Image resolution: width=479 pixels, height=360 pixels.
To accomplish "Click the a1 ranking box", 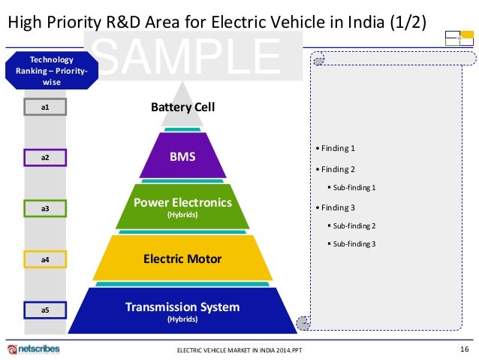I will point(45,107).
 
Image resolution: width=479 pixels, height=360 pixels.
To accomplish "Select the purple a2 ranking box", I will point(45,158).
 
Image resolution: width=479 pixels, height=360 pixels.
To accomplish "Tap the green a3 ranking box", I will point(45,207).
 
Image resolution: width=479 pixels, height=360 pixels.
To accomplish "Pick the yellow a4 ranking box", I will point(45,259).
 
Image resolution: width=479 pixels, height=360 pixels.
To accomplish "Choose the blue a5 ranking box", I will point(45,309).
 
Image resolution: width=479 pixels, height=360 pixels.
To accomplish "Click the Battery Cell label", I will point(182,107).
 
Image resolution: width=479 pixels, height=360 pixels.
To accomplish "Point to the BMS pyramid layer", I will point(182,157).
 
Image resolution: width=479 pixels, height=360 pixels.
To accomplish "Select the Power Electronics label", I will point(182,203).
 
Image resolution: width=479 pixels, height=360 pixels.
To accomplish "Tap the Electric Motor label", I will point(182,259).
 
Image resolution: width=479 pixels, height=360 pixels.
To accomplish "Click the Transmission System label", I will point(182,307).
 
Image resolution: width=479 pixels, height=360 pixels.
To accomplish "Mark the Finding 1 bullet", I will point(337,148).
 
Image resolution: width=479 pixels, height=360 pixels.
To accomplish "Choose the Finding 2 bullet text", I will point(337,169).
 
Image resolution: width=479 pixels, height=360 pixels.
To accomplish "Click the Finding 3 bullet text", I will point(337,207).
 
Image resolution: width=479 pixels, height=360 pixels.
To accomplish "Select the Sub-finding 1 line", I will point(354,187).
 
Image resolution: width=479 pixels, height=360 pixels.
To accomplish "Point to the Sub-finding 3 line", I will point(354,244).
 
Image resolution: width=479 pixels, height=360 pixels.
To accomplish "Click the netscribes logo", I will point(34,349).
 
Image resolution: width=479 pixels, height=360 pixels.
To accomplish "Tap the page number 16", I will point(463,348).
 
